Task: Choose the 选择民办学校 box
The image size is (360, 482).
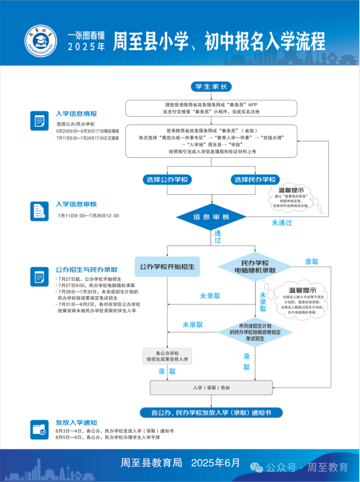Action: [x=255, y=180]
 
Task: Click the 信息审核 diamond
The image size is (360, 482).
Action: [x=212, y=217]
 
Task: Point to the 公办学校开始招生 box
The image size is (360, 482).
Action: [x=167, y=266]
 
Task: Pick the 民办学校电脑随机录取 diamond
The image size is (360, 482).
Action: [x=255, y=267]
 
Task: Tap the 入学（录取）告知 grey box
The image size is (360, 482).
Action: [x=211, y=387]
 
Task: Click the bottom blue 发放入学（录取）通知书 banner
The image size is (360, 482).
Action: [x=210, y=413]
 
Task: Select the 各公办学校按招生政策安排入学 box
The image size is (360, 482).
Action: [x=167, y=356]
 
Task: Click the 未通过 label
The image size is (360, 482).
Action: [x=281, y=223]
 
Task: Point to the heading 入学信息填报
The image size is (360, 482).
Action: [x=76, y=113]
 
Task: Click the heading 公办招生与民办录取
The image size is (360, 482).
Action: [x=86, y=270]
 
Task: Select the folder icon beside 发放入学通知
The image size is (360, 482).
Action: [x=39, y=429]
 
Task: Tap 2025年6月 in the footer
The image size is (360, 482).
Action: [x=216, y=462]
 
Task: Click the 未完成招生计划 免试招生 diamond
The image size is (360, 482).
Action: [x=255, y=332]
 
